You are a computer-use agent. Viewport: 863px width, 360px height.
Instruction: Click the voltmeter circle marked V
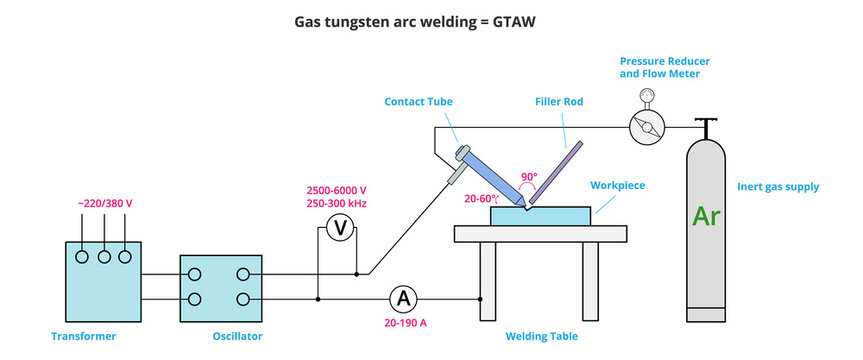[339, 229]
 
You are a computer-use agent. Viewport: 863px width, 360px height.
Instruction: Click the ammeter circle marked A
[403, 298]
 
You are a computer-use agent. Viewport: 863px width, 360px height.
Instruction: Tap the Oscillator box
[222, 287]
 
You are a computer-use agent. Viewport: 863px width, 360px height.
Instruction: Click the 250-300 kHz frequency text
[338, 203]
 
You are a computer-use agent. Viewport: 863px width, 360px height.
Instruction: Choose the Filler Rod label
[559, 101]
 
